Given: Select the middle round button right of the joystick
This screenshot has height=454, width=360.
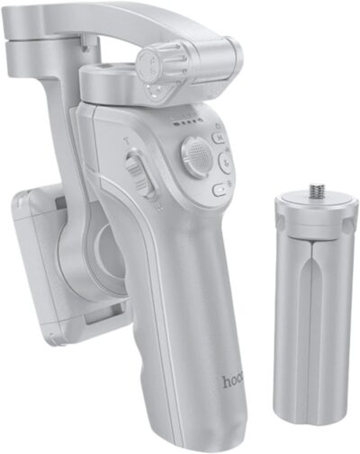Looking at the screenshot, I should tap(226, 162).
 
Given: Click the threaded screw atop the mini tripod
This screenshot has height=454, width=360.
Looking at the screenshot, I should tap(316, 191).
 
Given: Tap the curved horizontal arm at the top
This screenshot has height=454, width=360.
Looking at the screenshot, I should tap(117, 27).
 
